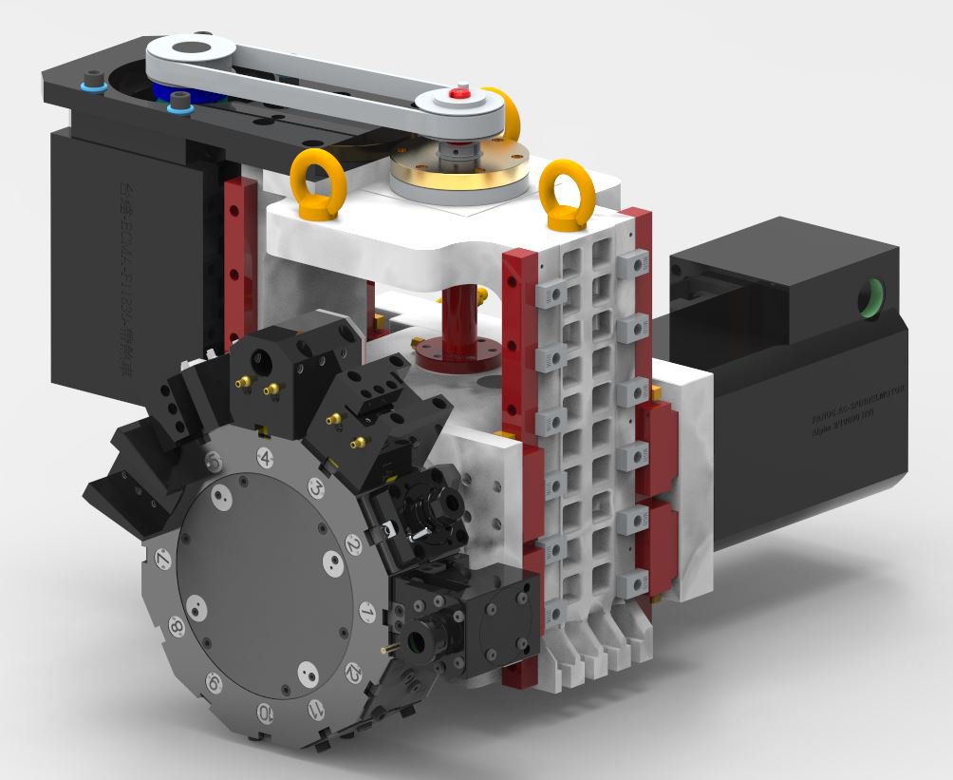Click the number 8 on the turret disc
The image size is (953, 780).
click(177, 626)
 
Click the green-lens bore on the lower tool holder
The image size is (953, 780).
click(418, 644)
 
